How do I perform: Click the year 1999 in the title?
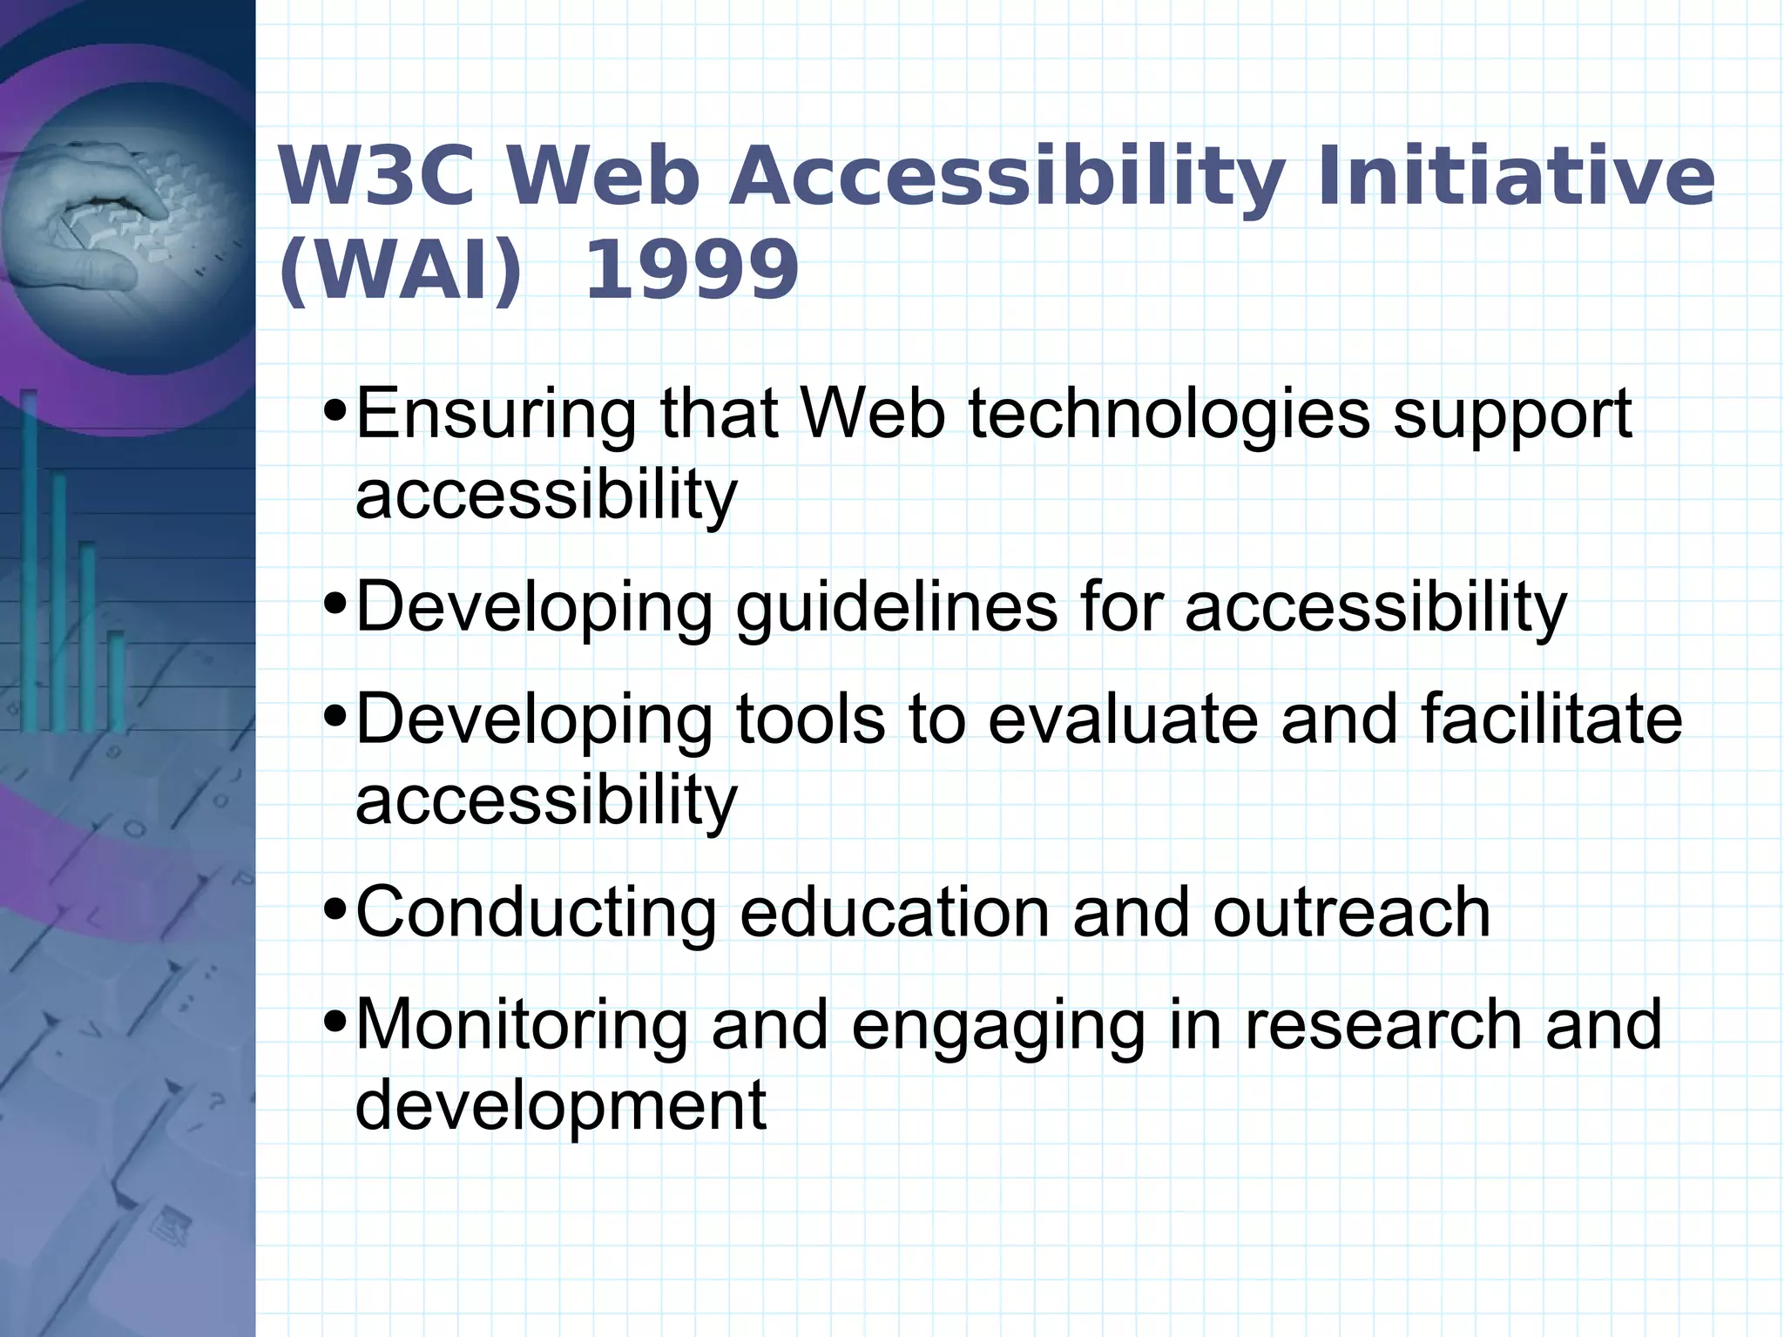pyautogui.click(x=691, y=270)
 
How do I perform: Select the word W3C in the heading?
pyautogui.click(x=377, y=177)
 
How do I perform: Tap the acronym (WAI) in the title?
pyautogui.click(x=400, y=270)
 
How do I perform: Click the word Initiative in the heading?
pyautogui.click(x=1515, y=177)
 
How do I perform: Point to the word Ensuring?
pyautogui.click(x=496, y=415)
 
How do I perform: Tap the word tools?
pyautogui.click(x=810, y=719)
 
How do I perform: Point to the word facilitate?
pyautogui.click(x=1551, y=719)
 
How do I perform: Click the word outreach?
pyautogui.click(x=1351, y=913)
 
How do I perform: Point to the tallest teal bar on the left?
pyautogui.click(x=30, y=557)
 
